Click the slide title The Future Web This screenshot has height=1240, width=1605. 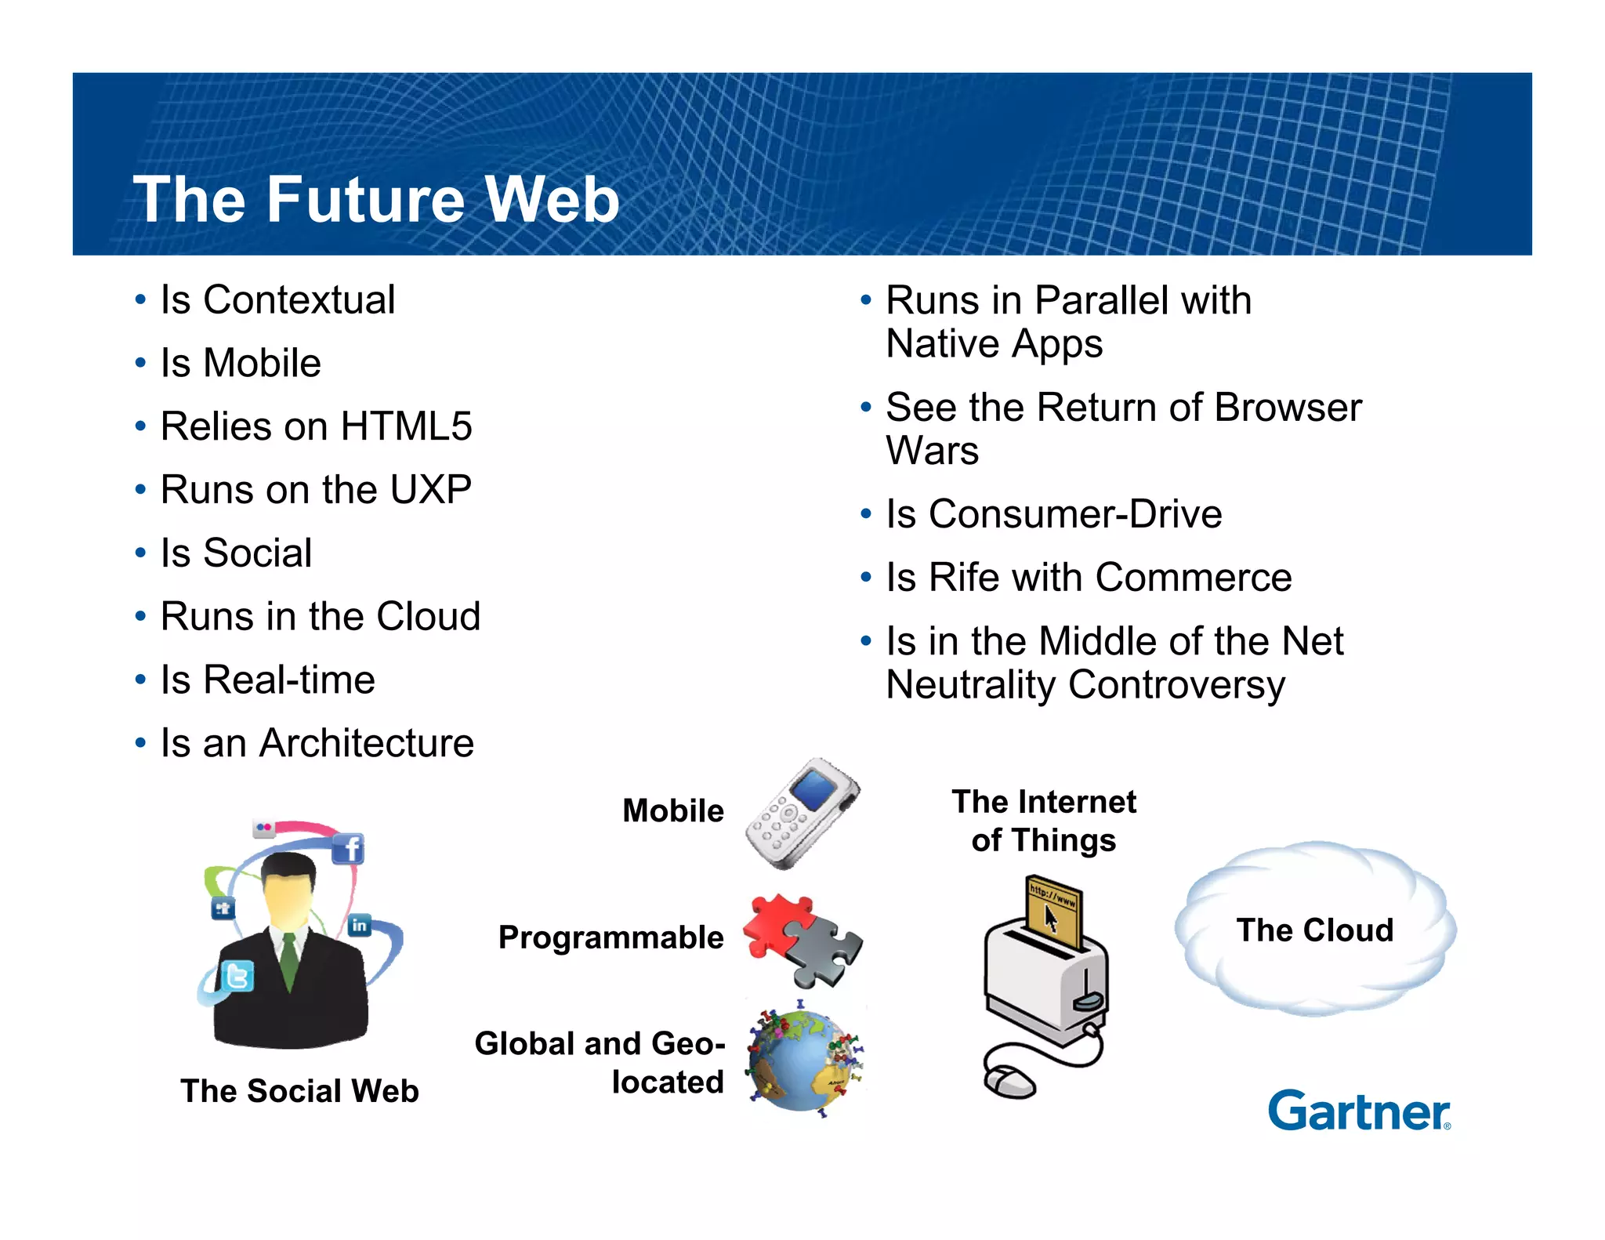(376, 199)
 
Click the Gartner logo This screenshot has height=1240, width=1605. (1359, 1111)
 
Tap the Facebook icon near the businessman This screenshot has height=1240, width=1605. (349, 849)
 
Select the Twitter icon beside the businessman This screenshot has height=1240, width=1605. (237, 977)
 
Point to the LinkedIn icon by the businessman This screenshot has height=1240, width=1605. (359, 925)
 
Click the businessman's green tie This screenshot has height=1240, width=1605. (289, 961)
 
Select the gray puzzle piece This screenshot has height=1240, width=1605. (823, 952)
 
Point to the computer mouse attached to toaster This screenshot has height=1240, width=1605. (1010, 1082)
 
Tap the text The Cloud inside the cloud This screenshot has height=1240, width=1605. (1314, 930)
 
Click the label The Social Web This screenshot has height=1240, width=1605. (299, 1091)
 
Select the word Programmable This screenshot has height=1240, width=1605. (610, 937)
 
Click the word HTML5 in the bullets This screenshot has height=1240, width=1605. (406, 426)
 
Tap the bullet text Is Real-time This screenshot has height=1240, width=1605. (267, 680)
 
